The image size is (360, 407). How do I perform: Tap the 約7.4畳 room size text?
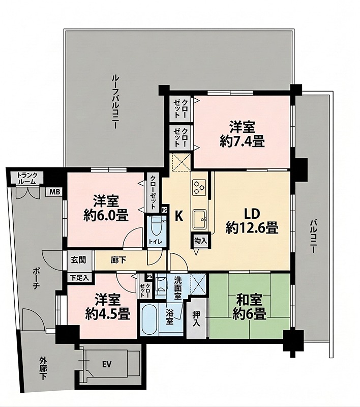coord(242,142)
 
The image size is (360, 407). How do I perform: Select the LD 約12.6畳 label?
coord(252,221)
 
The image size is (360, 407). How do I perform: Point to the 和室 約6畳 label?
coord(249,307)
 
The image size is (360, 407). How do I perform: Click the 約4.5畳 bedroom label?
coord(108,314)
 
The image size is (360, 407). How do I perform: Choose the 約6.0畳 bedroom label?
coord(106,215)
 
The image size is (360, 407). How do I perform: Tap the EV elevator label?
coord(107,364)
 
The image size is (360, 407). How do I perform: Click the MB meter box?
coord(54,192)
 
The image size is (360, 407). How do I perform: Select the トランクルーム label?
coord(27,178)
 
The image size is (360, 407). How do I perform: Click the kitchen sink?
coord(200,219)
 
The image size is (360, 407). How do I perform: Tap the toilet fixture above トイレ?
coord(157,226)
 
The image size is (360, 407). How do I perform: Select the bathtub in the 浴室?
coord(149,319)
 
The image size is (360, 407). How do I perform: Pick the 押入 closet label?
coord(196,318)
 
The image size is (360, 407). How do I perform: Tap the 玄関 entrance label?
coord(79,259)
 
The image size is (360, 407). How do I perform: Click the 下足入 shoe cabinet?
coord(80,277)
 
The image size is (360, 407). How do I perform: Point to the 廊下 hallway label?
coord(118,260)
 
